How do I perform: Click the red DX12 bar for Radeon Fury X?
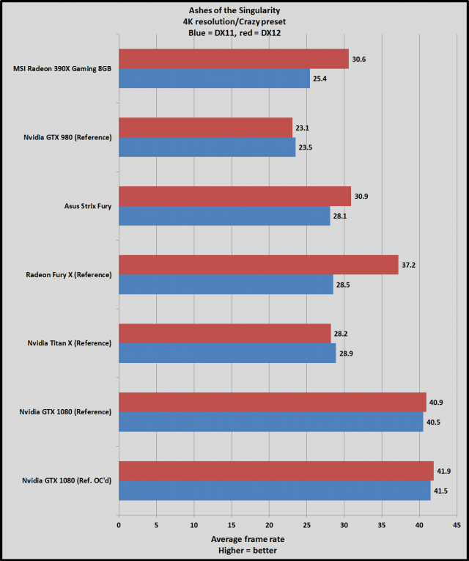click(x=258, y=265)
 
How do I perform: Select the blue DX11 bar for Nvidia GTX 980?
click(x=207, y=147)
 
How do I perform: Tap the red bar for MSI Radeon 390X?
click(x=233, y=59)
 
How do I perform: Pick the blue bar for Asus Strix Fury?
click(x=224, y=216)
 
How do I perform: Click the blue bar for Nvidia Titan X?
click(x=227, y=353)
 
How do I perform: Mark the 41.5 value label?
click(x=444, y=491)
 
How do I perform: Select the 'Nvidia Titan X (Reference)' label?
click(x=70, y=343)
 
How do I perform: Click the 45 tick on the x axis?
click(x=457, y=525)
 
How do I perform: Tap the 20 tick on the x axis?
click(x=269, y=525)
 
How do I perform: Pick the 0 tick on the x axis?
click(x=119, y=525)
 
